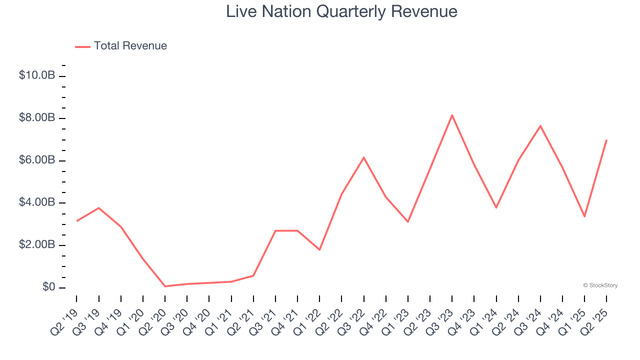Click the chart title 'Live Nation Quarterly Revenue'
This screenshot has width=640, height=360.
(x=341, y=11)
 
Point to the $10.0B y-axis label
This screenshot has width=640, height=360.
(x=36, y=75)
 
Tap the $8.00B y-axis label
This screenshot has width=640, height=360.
(x=36, y=118)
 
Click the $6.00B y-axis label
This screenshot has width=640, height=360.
(x=36, y=160)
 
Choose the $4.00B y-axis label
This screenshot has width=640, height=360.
(x=36, y=202)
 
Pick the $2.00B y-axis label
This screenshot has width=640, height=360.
(x=36, y=245)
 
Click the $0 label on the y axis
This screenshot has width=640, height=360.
(x=48, y=287)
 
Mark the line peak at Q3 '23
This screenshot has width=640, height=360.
(x=452, y=115)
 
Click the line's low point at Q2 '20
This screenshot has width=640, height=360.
(x=165, y=286)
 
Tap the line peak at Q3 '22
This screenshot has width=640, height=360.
(x=363, y=157)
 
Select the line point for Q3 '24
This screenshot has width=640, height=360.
(x=540, y=125)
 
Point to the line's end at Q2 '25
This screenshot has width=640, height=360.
(x=606, y=140)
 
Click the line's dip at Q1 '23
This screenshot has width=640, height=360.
(x=408, y=221)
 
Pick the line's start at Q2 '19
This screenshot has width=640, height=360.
(x=76, y=221)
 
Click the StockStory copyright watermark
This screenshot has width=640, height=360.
(x=600, y=285)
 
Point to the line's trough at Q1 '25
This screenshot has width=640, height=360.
(x=584, y=216)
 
